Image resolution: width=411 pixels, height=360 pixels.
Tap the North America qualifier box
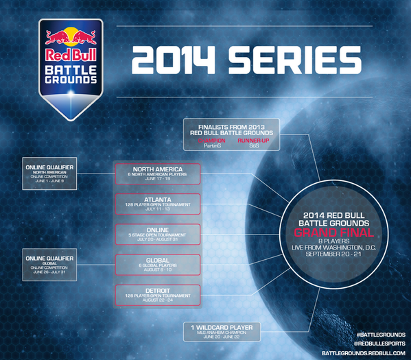tap(158, 173)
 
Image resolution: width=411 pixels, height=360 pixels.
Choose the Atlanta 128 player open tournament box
tap(158, 204)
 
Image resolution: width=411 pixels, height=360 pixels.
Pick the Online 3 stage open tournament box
tap(158, 234)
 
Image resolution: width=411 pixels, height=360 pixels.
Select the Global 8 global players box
tap(158, 264)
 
